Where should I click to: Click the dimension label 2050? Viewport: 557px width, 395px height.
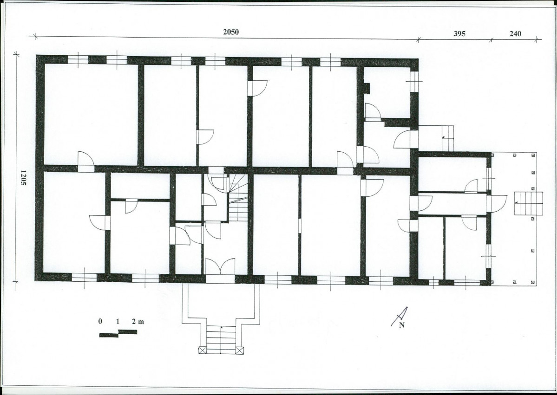point(231,32)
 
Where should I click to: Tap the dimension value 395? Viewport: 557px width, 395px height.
point(459,34)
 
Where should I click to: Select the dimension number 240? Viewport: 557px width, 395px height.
point(516,34)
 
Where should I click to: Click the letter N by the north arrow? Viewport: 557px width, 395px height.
point(402,325)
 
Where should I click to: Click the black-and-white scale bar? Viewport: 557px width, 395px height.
point(118,333)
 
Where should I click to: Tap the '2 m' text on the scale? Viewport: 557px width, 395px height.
point(138,322)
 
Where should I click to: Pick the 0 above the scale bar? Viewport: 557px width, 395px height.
point(100,322)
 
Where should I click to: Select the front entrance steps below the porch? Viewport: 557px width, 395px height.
point(221,340)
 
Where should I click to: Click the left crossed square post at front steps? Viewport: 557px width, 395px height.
point(202,350)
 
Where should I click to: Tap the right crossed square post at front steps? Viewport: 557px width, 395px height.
point(240,350)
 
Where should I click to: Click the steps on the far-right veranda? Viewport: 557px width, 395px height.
point(529,203)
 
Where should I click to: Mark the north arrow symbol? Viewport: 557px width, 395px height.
point(400,316)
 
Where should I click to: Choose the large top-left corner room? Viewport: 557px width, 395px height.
point(91,114)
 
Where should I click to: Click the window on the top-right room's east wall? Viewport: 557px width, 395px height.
point(414,81)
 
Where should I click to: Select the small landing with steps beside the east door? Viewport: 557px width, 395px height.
point(436,138)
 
